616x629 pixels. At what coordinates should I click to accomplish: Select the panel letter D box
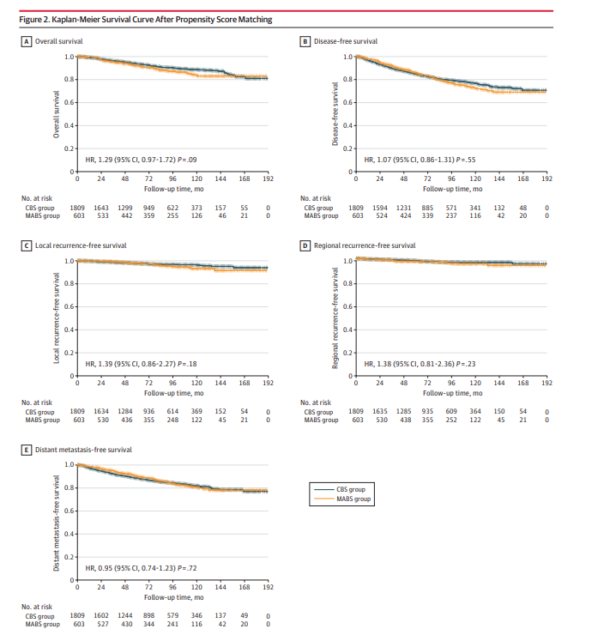(x=305, y=245)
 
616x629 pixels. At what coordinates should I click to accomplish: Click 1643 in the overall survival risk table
(x=101, y=207)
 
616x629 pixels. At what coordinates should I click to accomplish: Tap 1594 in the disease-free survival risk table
(x=379, y=207)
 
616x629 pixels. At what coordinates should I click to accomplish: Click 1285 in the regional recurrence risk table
(x=403, y=411)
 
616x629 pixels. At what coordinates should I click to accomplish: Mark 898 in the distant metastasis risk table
(x=148, y=615)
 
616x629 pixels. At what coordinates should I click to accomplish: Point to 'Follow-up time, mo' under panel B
(x=450, y=188)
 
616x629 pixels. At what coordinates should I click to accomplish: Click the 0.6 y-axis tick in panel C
(x=69, y=307)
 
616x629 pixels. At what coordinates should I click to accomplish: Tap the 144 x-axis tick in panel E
(x=220, y=589)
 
